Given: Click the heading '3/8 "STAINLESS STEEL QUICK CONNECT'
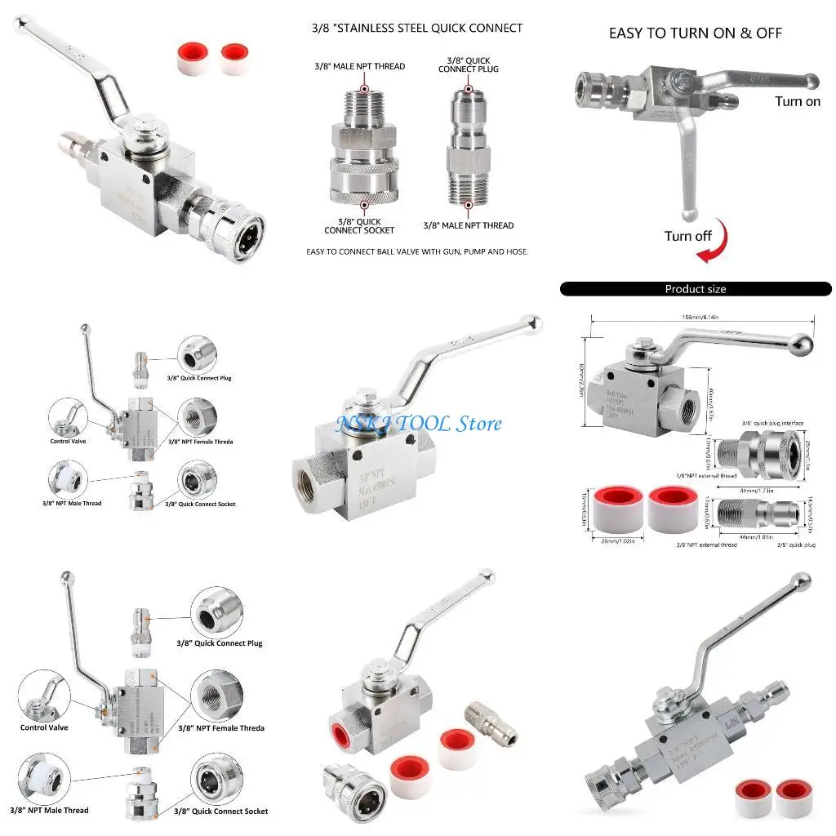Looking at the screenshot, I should pos(416,28).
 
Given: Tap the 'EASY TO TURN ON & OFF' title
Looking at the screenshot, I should pos(696,33).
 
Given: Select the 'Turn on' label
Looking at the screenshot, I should pos(797,102).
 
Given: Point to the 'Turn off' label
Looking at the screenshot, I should pos(687,236).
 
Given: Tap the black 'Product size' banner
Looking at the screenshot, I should pos(696,289).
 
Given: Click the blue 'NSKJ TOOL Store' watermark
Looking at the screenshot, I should pos(419,424).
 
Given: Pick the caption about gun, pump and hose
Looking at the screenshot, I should pos(416,251).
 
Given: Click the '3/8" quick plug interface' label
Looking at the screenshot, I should pos(772,423).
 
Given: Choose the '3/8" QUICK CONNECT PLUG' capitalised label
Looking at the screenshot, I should pos(469,64).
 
